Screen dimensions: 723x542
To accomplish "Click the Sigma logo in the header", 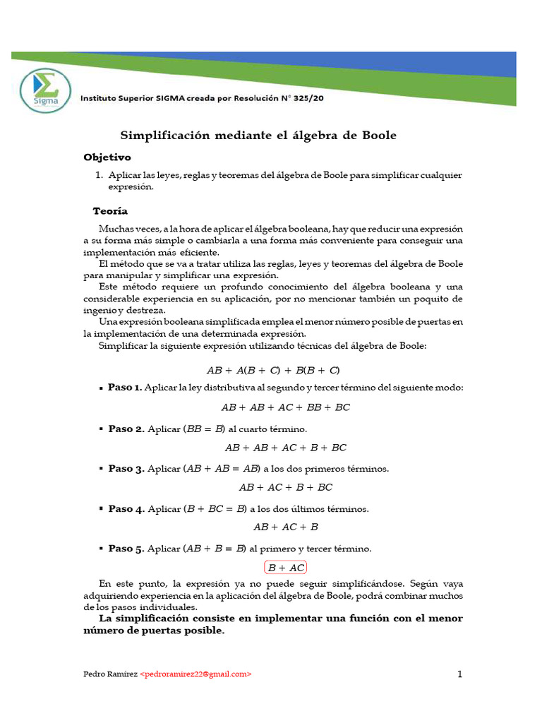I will tap(46, 90).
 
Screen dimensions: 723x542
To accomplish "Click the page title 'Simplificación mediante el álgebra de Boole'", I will tap(258, 135).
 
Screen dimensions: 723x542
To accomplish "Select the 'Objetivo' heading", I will tap(107, 157).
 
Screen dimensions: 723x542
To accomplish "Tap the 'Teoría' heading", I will tap(111, 211).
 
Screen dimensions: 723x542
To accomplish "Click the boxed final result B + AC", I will tap(286, 567).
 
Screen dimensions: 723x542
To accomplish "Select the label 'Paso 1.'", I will tap(125, 388).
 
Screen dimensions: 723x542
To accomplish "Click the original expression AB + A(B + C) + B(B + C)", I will tap(273, 370).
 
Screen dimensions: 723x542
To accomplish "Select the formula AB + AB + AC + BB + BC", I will tap(286, 407).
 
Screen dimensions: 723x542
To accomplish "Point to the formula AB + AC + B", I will tap(286, 527).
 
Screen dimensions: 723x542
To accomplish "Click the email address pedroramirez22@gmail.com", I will tap(195, 674).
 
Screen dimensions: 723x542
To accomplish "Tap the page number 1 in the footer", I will tap(459, 674).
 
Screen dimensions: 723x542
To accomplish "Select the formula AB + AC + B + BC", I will tap(286, 487).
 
